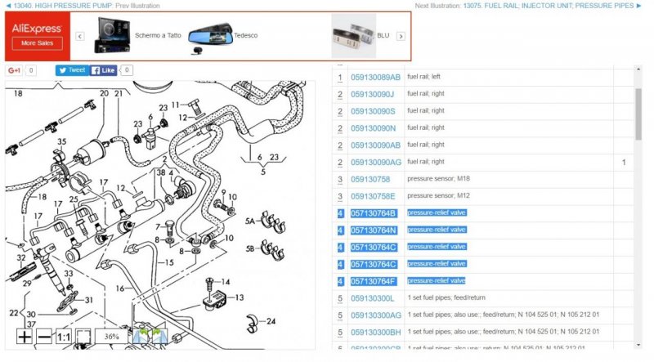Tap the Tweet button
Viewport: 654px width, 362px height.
(x=72, y=70)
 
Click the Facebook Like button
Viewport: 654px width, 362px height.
(x=103, y=70)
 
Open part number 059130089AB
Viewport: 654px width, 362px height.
(x=375, y=77)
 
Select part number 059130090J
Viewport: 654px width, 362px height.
(x=373, y=94)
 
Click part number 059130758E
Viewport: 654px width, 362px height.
(x=373, y=196)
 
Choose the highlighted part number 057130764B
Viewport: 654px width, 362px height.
(x=373, y=213)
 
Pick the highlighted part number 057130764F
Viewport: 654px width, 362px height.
(x=373, y=281)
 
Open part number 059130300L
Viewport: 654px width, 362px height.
(x=372, y=298)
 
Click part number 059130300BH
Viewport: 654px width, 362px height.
(x=376, y=332)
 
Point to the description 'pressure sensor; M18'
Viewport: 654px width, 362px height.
(x=438, y=179)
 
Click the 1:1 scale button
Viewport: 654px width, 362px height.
(x=64, y=337)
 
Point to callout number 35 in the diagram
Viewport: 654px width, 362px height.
(x=60, y=142)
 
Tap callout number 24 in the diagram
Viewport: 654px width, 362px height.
(x=271, y=320)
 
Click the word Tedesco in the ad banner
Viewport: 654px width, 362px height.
(x=245, y=36)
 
